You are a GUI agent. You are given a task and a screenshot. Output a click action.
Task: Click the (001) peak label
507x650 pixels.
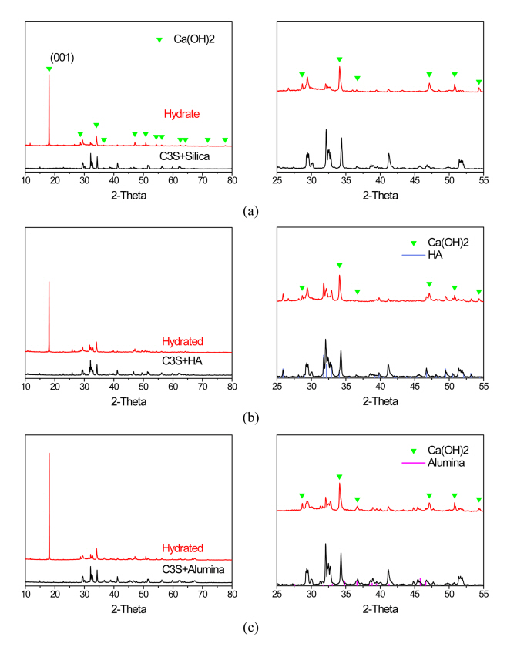click(x=61, y=57)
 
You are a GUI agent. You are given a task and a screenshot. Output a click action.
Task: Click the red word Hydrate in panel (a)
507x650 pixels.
click(x=182, y=115)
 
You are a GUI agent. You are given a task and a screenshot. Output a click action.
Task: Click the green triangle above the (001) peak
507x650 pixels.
click(x=49, y=69)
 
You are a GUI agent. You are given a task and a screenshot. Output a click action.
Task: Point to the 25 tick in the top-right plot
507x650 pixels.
click(x=277, y=182)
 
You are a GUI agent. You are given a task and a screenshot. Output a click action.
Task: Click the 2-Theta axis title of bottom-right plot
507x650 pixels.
click(x=378, y=610)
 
